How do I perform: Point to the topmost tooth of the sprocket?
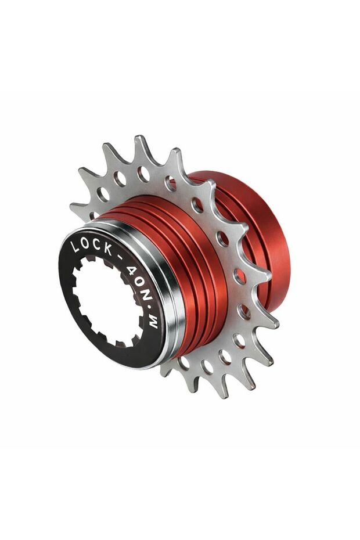(x=141, y=142)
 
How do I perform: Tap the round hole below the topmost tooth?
(x=143, y=174)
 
